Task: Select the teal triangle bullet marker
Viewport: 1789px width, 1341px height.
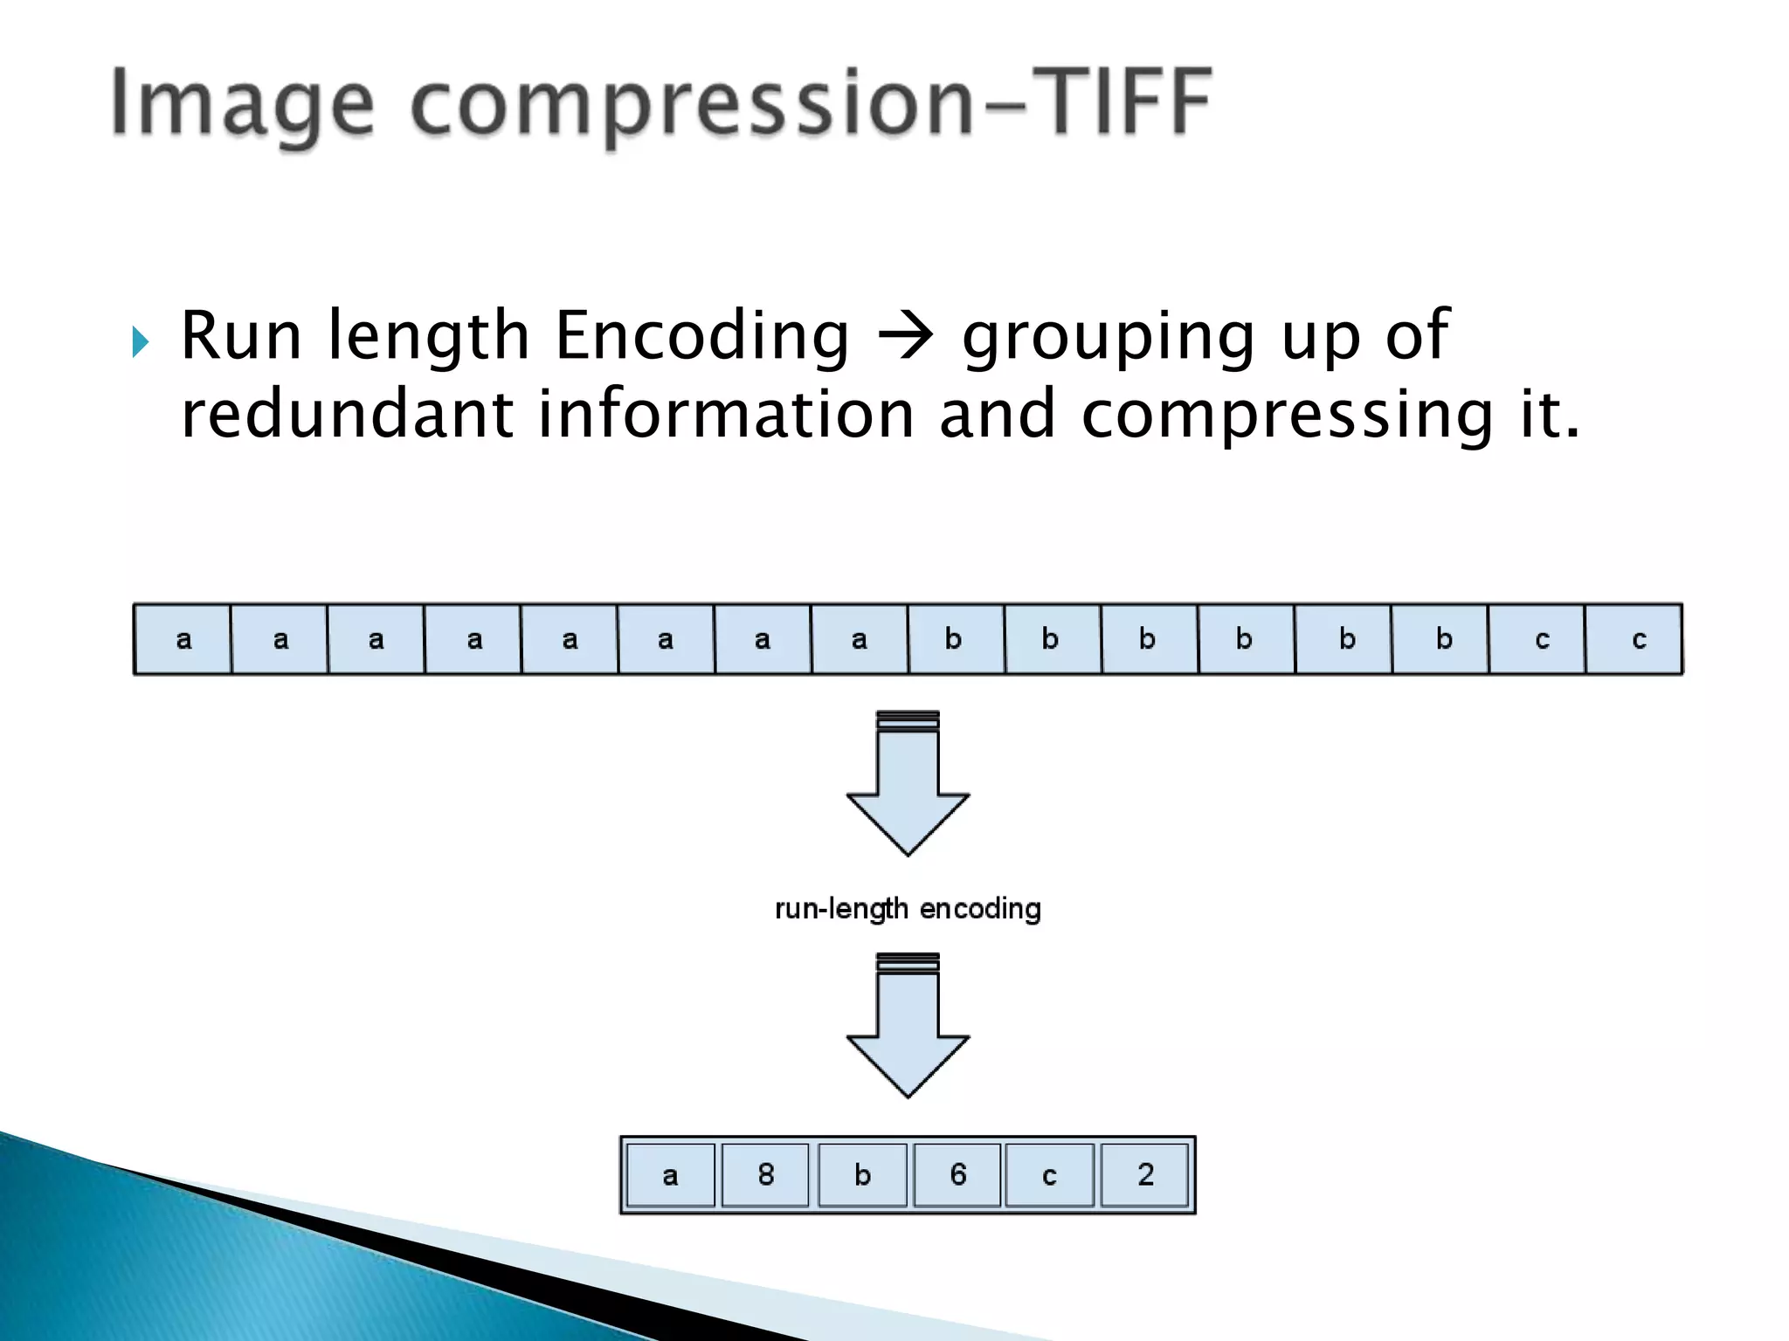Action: (x=141, y=341)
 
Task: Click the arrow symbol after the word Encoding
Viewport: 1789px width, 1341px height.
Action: (x=905, y=336)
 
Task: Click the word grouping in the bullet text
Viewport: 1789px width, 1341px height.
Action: (x=1108, y=336)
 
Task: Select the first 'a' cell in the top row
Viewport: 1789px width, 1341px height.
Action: (x=183, y=639)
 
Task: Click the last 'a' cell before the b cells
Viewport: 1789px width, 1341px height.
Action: (x=860, y=639)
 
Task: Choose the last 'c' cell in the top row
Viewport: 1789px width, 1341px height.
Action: (x=1634, y=639)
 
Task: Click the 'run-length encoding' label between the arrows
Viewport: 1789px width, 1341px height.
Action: (x=908, y=909)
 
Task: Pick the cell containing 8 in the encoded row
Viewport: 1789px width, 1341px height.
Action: (x=765, y=1174)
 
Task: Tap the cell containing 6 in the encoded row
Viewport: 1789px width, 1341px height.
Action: (x=957, y=1174)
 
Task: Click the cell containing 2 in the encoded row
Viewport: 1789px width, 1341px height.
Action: (x=1145, y=1174)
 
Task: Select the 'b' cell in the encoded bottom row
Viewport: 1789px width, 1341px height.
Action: (x=862, y=1174)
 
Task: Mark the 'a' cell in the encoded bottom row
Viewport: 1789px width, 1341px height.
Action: (x=670, y=1174)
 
